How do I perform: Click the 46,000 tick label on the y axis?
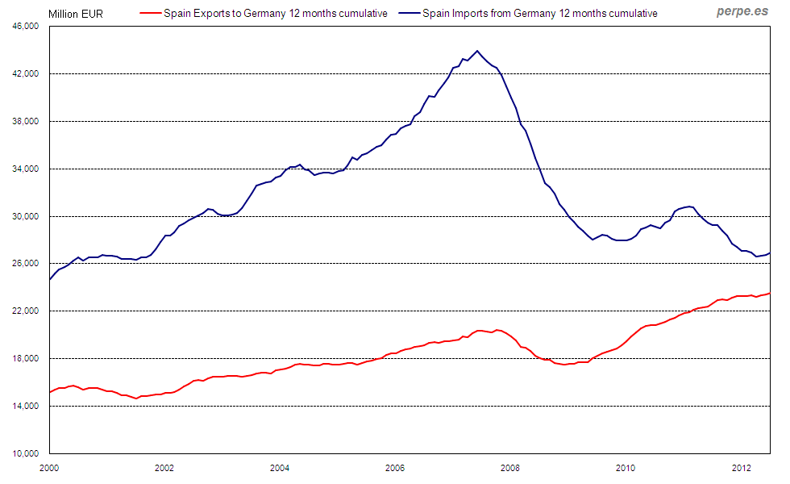tap(27, 27)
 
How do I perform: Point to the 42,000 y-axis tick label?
tap(27, 74)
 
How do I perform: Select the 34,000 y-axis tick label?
tap(27, 169)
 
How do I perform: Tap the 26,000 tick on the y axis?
tap(27, 264)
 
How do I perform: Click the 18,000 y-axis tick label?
tap(27, 359)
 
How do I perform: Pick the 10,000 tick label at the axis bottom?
tap(27, 454)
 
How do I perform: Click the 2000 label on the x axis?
tap(50, 467)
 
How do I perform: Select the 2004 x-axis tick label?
tap(280, 467)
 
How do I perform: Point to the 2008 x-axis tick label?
tap(510, 467)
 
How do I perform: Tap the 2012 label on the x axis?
tap(740, 467)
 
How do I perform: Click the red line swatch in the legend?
tap(151, 14)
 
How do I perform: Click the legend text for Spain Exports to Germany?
tap(275, 14)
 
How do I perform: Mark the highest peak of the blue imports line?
tap(477, 51)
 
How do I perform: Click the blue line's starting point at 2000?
tap(50, 279)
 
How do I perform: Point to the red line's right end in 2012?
tap(770, 293)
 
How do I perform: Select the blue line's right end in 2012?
tap(770, 253)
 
